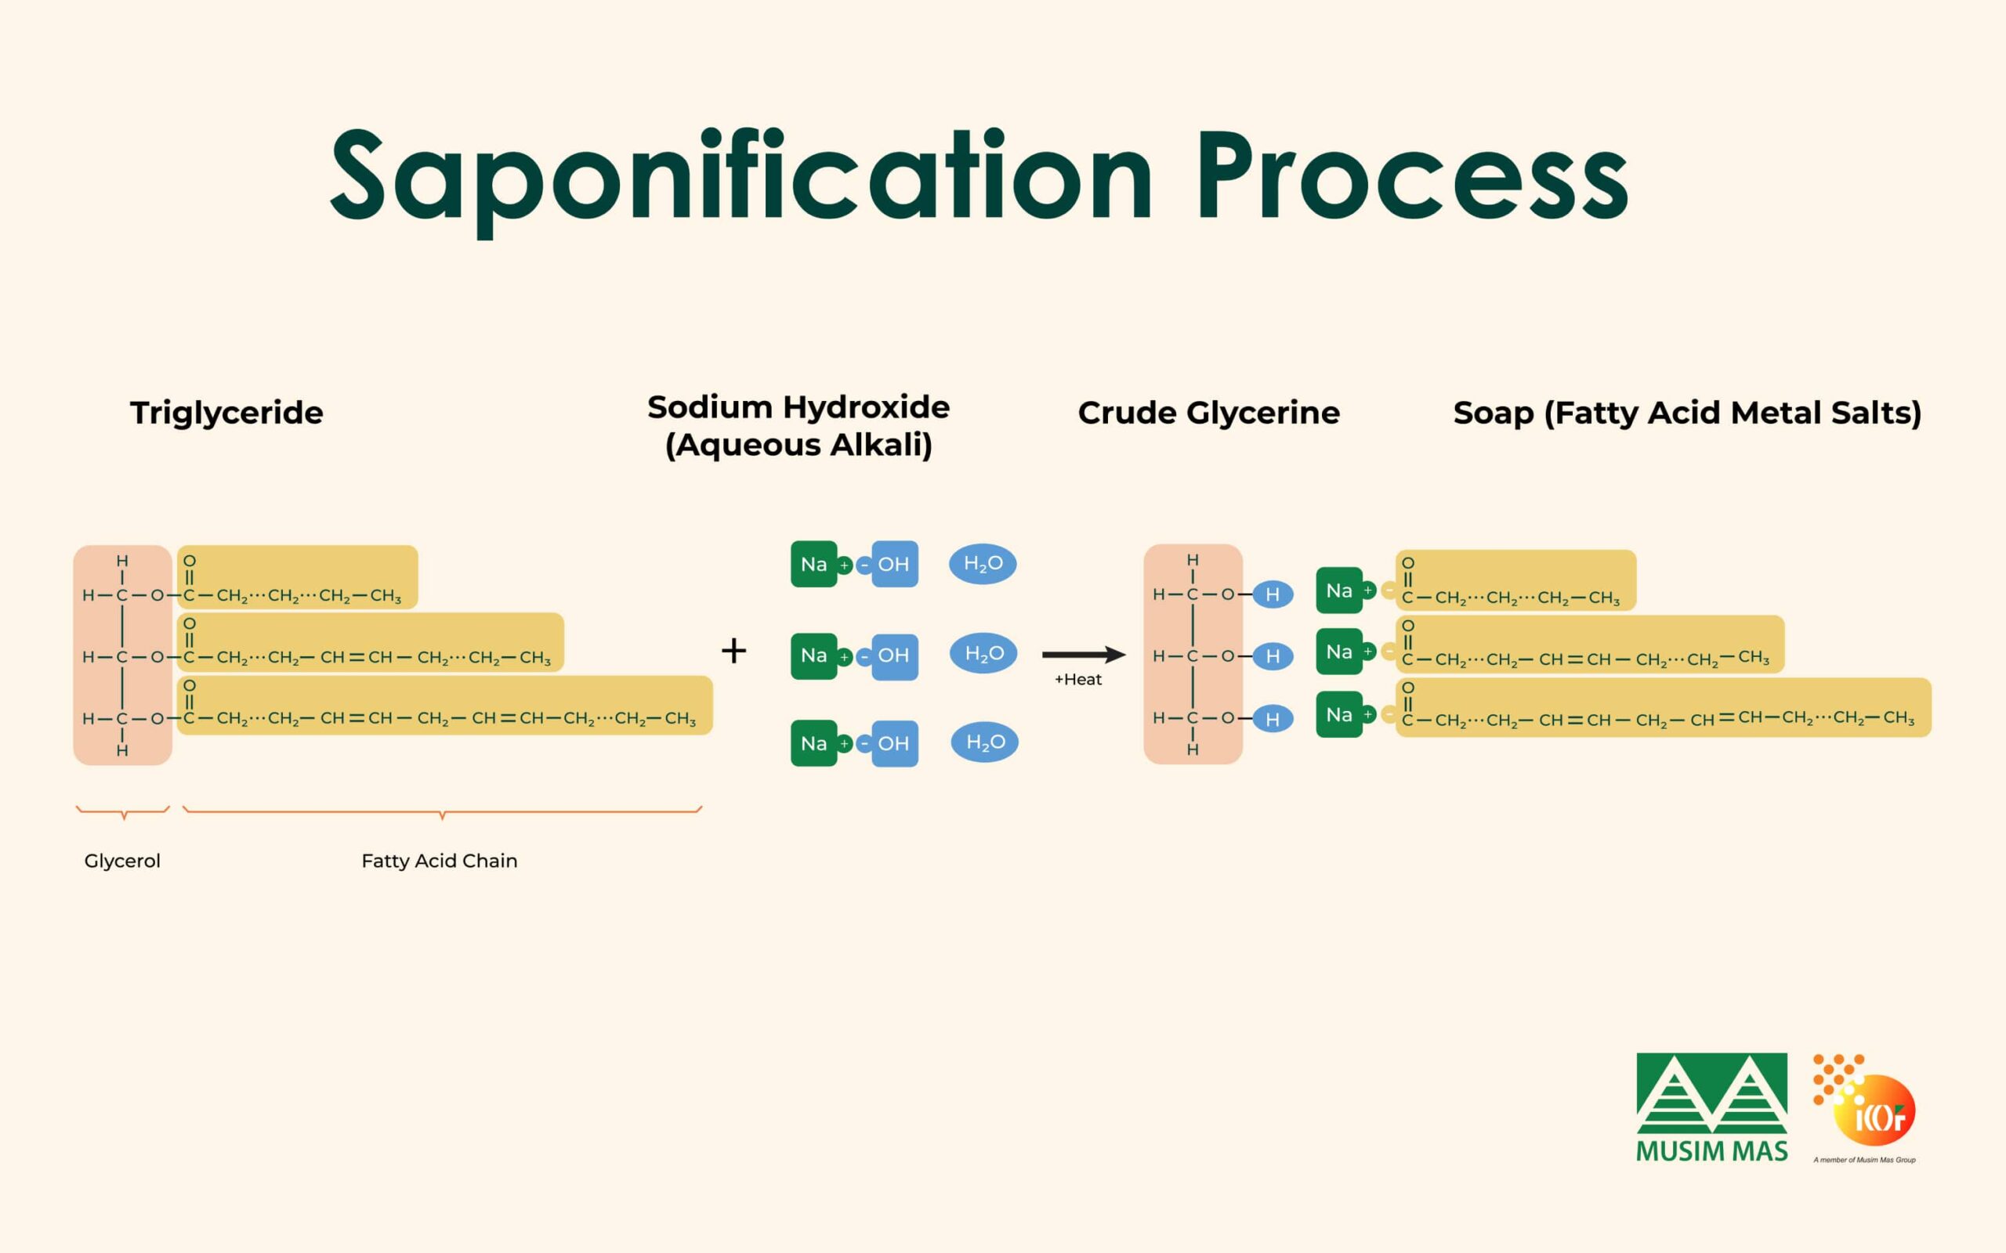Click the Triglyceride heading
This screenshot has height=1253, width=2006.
point(226,413)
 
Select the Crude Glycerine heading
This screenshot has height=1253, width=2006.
point(1208,413)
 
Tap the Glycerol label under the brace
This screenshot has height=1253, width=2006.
point(123,861)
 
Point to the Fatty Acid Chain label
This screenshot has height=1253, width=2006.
point(440,861)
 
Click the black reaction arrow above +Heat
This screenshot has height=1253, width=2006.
point(1084,655)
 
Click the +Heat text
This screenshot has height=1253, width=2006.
point(1077,680)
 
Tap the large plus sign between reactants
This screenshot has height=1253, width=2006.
point(733,651)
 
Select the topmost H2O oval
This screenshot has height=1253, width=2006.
point(983,564)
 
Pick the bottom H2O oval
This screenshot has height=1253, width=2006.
point(985,742)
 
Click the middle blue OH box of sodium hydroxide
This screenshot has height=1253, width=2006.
point(893,655)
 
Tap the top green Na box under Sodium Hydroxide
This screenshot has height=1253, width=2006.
point(814,565)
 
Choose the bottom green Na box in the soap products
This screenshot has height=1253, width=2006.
point(1339,714)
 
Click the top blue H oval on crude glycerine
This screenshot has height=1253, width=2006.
point(1273,594)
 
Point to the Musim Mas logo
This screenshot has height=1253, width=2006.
point(1711,1107)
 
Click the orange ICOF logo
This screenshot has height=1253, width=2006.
point(1865,1108)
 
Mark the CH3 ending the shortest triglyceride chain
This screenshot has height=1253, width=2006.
point(386,596)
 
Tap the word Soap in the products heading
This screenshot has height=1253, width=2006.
point(1494,413)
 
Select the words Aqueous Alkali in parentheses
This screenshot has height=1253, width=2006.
point(798,445)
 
